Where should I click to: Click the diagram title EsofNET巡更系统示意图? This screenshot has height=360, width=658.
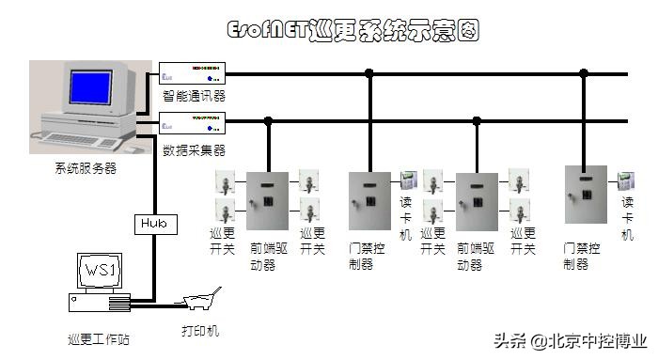[x=354, y=31]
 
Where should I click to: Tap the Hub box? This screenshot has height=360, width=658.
[x=152, y=224]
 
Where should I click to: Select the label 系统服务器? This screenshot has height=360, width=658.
[x=86, y=168]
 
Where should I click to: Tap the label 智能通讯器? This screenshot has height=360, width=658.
[x=194, y=96]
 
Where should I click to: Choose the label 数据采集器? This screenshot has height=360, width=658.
[x=194, y=149]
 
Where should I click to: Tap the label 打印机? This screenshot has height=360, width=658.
[x=199, y=331]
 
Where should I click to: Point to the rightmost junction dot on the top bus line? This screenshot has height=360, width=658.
[x=584, y=72]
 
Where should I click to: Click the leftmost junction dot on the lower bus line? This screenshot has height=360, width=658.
[x=268, y=120]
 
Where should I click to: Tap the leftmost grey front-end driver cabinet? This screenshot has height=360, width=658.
[x=268, y=201]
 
